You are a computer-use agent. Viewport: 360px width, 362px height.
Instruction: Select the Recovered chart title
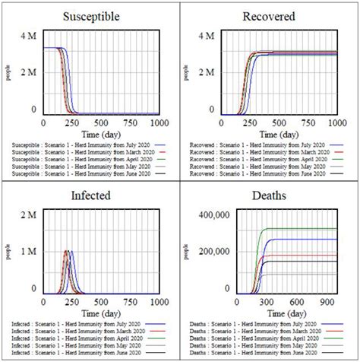(268, 15)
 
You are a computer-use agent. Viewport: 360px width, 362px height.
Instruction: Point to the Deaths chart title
(268, 195)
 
